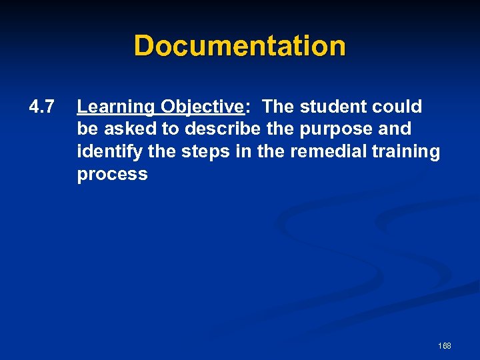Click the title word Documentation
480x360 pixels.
point(240,46)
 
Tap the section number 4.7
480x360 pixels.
point(41,106)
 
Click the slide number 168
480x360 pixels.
point(445,345)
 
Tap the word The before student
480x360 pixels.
point(277,106)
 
